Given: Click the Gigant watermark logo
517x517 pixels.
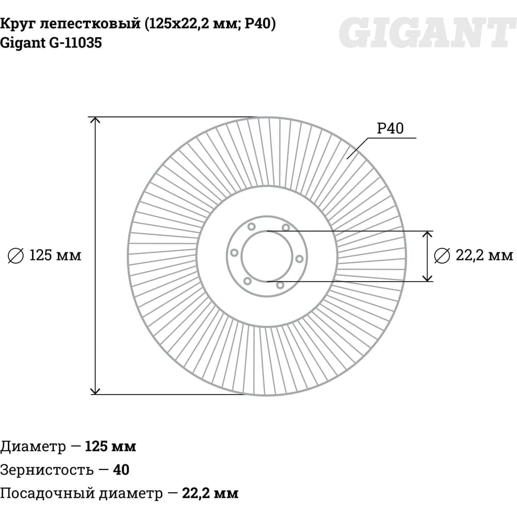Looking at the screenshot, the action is tap(428, 32).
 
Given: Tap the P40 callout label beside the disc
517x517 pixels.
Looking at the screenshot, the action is tap(390, 128).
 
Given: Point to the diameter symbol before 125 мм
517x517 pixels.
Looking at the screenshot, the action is tap(16, 255).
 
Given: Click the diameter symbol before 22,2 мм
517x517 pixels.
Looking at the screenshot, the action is tap(442, 255).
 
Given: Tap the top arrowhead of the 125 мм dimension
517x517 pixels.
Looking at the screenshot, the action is tap(95, 120).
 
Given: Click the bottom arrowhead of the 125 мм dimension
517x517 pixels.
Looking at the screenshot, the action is tap(95, 391).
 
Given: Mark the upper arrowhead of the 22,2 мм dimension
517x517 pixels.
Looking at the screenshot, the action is tap(428, 234).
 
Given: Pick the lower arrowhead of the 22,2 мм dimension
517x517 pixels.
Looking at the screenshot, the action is tap(428, 278).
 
